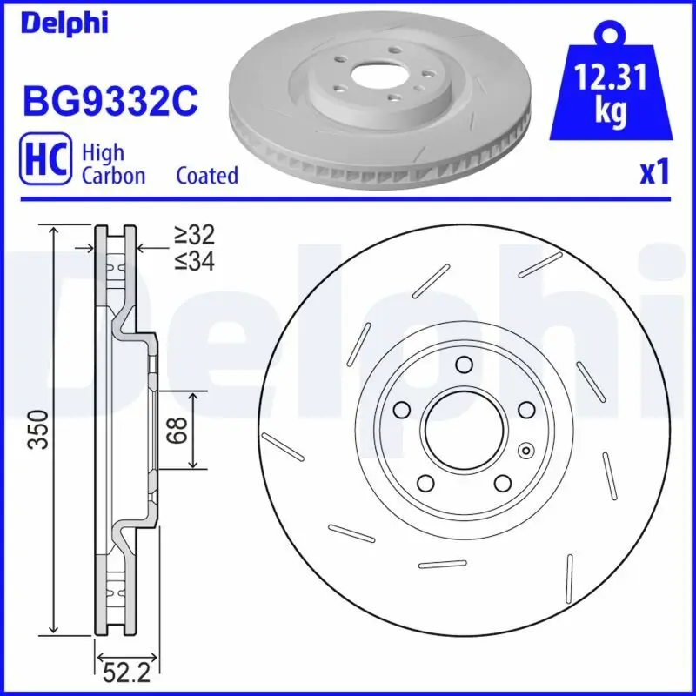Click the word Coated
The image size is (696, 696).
(x=207, y=176)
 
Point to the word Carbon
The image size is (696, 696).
(x=113, y=176)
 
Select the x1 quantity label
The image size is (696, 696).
(x=655, y=173)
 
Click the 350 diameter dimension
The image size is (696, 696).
(x=37, y=429)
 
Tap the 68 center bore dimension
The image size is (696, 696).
(x=177, y=430)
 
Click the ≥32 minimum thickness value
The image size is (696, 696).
(x=193, y=234)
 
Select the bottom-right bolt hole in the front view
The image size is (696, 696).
(x=502, y=483)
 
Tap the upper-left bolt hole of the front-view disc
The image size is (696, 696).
(x=401, y=409)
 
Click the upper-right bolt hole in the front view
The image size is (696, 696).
(x=525, y=409)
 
